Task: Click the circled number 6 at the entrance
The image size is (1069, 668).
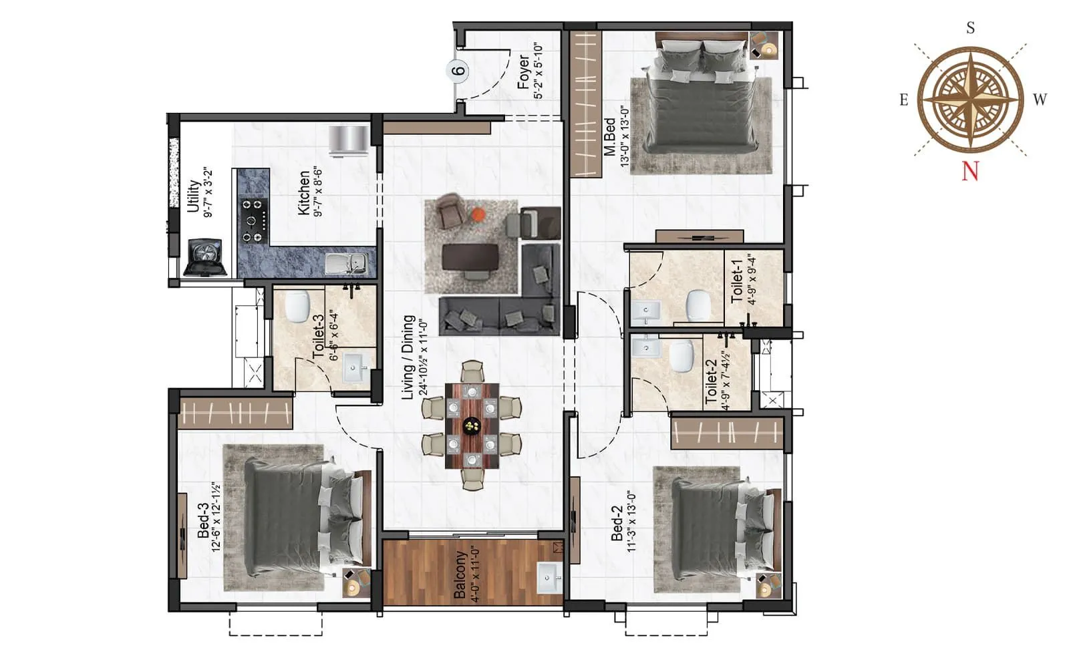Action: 458,70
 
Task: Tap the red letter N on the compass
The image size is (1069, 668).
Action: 970,172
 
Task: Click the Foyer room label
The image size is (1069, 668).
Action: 523,72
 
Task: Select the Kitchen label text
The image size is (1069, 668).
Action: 304,192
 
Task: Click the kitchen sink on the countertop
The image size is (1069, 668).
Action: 346,263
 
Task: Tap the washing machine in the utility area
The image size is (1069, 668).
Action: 205,257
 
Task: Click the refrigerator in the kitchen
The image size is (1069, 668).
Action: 348,140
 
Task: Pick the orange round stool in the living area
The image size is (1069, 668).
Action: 478,214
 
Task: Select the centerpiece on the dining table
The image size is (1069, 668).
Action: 472,425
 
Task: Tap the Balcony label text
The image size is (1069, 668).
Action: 460,574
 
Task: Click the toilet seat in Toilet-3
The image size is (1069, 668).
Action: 296,307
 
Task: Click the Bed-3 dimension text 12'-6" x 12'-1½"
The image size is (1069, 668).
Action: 215,516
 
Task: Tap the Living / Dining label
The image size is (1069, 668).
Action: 408,357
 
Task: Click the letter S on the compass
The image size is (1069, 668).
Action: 971,28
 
